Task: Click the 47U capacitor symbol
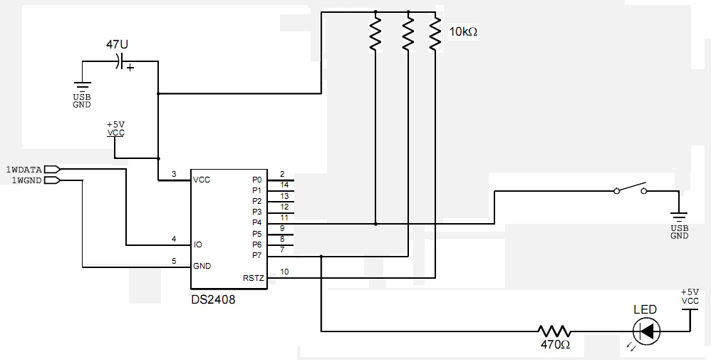point(120,61)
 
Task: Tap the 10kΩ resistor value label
point(463,32)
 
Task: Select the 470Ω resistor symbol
point(554,331)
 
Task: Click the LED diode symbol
point(646,331)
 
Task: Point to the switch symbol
point(630,188)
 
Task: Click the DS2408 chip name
point(213,299)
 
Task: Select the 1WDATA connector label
point(24,170)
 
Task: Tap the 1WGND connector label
point(26,180)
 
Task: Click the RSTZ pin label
point(253,278)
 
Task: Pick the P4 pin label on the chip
point(256,223)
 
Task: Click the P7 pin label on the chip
point(256,256)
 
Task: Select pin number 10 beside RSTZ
point(284,272)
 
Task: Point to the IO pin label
point(198,245)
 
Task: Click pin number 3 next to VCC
point(174,174)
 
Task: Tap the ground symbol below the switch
point(679,216)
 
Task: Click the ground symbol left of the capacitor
point(82,87)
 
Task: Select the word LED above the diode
point(645,309)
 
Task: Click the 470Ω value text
point(555,345)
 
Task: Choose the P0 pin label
point(256,180)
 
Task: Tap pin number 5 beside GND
point(174,261)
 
